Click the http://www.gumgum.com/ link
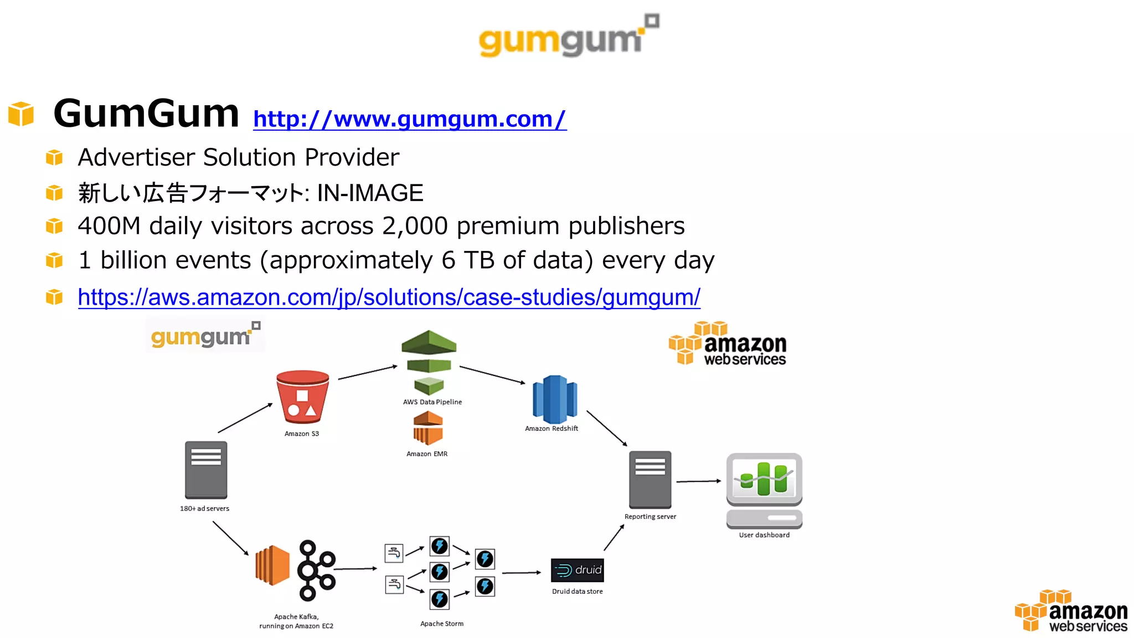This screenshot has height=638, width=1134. coord(410,119)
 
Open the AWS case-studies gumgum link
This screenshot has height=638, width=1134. coord(389,297)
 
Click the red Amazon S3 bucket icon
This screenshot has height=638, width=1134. coord(302,397)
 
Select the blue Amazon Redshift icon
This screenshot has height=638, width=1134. coord(554,399)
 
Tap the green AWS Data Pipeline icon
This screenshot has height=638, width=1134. coord(429,362)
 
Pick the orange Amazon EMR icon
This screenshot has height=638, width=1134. coord(428,429)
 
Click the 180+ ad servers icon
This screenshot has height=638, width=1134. coord(206,470)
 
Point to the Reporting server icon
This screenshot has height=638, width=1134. coord(650,479)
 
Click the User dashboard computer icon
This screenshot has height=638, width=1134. coord(764,490)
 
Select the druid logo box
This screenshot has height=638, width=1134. coord(578,570)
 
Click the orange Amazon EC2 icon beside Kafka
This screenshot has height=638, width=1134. coord(272,565)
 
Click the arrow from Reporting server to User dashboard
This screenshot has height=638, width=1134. coord(698,481)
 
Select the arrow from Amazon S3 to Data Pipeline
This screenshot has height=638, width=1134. coord(368,372)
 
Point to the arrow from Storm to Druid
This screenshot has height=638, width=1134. coord(521,573)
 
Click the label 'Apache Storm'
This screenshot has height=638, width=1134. coord(442,624)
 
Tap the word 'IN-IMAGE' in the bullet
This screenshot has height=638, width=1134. coord(370,193)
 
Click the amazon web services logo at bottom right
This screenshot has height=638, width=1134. coord(1072,611)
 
